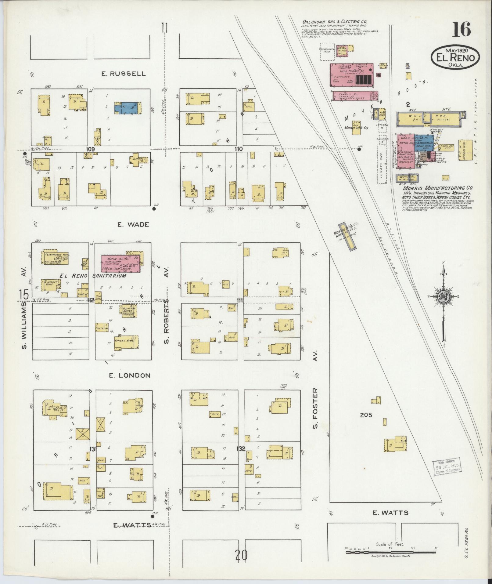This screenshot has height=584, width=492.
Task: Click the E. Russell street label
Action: click(x=124, y=74)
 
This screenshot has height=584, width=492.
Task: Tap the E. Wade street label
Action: click(x=133, y=224)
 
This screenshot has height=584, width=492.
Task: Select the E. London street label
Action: click(x=130, y=375)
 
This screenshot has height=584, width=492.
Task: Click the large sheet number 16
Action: click(x=461, y=30)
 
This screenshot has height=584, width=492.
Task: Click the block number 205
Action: click(x=366, y=415)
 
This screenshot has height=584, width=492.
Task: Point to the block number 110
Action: click(x=239, y=149)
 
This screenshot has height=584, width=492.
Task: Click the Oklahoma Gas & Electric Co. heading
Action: click(x=335, y=22)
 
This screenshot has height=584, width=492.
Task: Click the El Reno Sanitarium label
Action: click(x=93, y=276)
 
